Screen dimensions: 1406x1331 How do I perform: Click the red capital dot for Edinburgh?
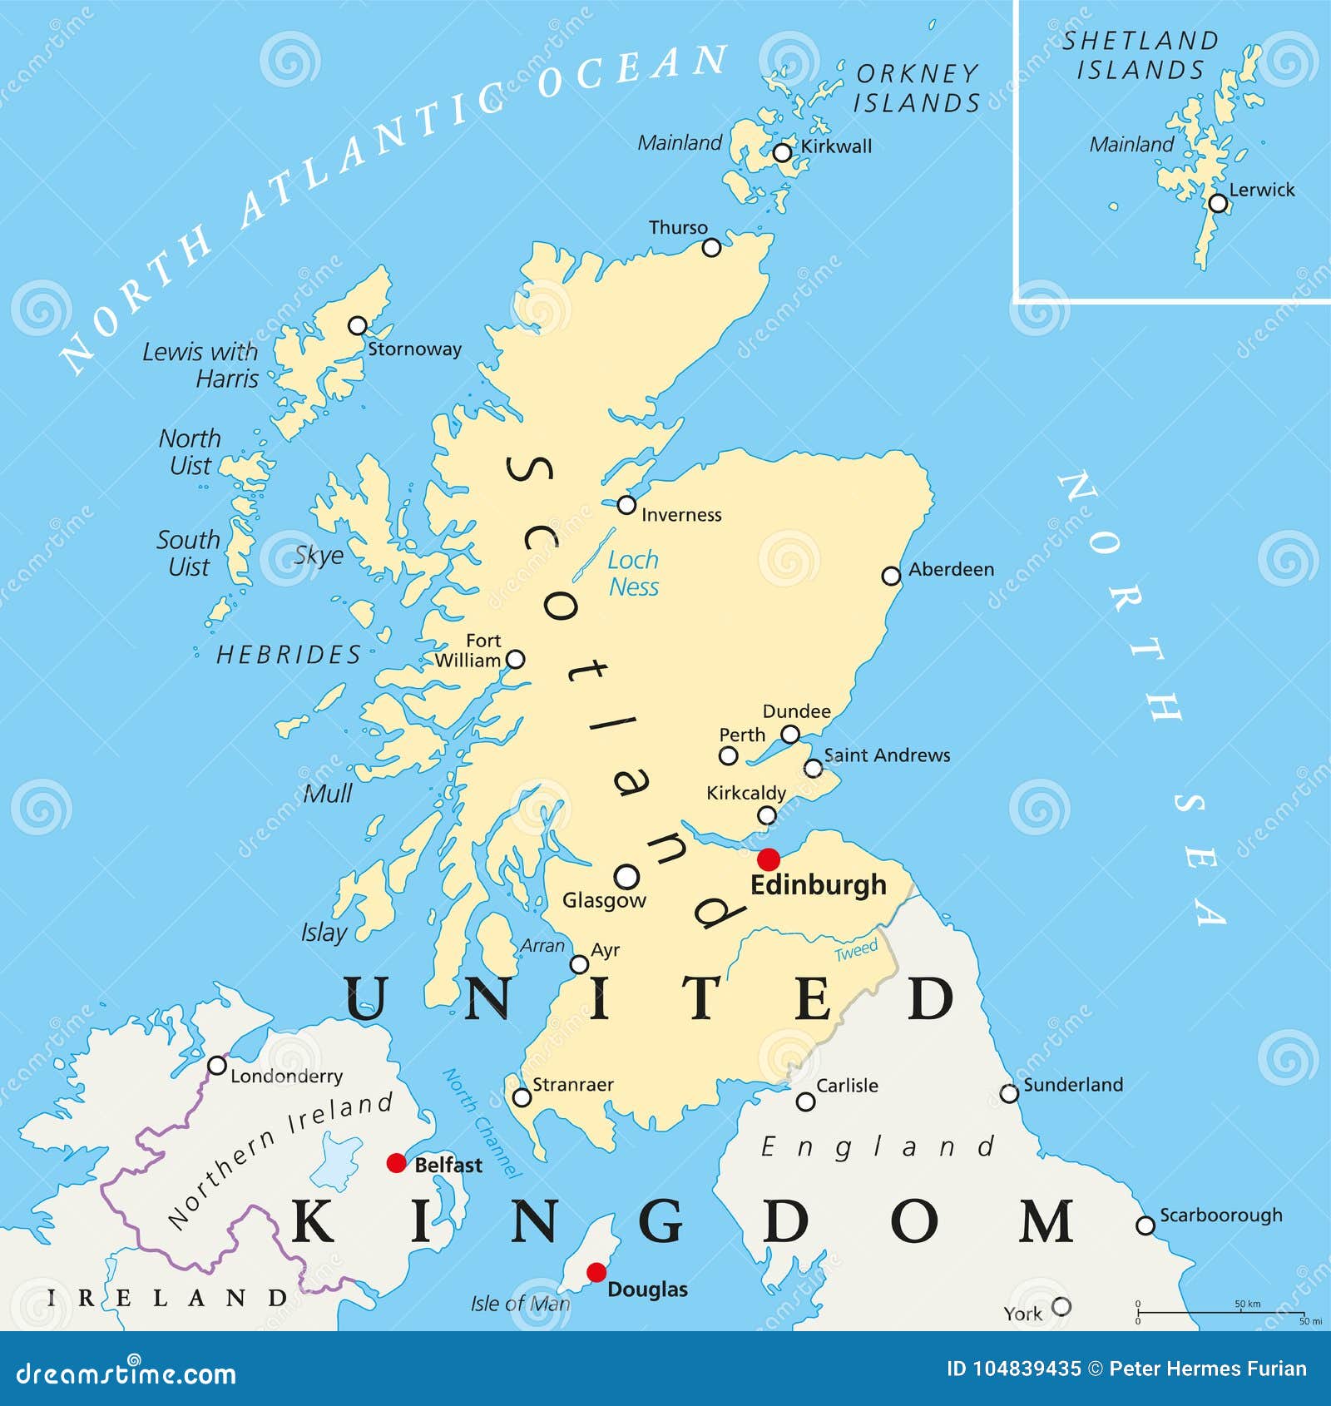(x=769, y=859)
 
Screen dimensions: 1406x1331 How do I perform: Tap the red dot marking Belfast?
(x=397, y=1163)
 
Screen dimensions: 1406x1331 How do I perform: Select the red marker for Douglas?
(x=596, y=1272)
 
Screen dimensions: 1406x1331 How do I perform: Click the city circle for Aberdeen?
(x=891, y=576)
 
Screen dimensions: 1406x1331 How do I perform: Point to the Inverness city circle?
(x=626, y=505)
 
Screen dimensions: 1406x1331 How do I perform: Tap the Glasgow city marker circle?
(x=626, y=876)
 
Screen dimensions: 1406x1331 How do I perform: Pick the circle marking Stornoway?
(x=358, y=325)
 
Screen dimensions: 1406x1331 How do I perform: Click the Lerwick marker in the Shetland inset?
(x=1218, y=203)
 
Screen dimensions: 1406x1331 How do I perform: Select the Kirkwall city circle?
(x=782, y=153)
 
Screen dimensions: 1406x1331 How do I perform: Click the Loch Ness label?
(x=633, y=573)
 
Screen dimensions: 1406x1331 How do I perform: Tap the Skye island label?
(x=319, y=555)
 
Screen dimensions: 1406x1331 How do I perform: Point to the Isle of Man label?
(x=520, y=1304)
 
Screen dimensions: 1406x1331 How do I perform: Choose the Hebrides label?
(x=289, y=655)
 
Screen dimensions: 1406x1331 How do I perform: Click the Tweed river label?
(x=856, y=951)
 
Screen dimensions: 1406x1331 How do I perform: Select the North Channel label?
(x=481, y=1123)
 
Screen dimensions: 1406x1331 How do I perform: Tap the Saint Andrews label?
(x=887, y=755)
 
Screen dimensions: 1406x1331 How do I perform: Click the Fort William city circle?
(x=516, y=660)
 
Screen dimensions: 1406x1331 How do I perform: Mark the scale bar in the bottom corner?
(x=1220, y=1313)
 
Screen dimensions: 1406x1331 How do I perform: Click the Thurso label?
(x=678, y=228)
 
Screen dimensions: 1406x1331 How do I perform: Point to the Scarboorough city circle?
(x=1145, y=1225)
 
